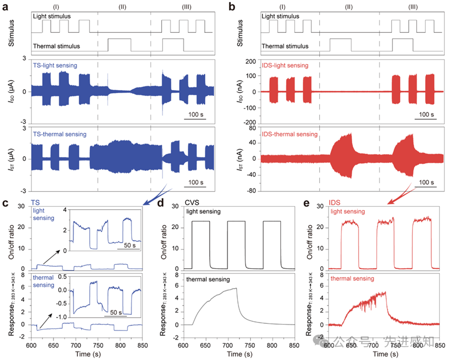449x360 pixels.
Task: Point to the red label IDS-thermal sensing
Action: (291, 135)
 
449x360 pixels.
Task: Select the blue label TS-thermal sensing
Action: (60, 135)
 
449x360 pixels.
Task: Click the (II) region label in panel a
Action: (124, 7)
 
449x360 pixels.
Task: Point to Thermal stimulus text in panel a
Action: (56, 46)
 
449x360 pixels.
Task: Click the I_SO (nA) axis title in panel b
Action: (240, 91)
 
